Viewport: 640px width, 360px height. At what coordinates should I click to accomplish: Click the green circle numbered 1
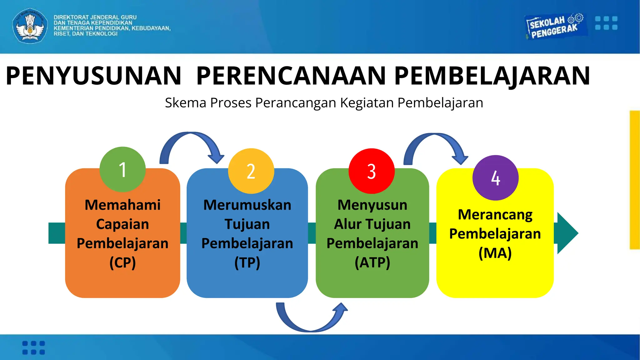[x=122, y=169]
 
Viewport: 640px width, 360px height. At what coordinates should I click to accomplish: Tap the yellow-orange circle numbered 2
[x=251, y=171]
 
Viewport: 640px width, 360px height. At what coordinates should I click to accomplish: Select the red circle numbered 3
[x=372, y=171]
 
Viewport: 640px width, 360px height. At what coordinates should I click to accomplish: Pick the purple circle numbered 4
[x=495, y=178]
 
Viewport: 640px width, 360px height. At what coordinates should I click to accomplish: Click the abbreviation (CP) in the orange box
[x=122, y=262]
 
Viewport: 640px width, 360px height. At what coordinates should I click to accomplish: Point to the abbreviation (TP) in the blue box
[x=247, y=262]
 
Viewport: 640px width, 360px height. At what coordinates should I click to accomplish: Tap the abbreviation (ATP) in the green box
[x=372, y=262]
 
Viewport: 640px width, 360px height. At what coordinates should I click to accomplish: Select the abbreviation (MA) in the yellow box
[x=495, y=253]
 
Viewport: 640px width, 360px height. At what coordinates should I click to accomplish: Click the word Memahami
[x=122, y=205]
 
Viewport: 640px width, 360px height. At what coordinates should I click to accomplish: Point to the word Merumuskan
[x=247, y=205]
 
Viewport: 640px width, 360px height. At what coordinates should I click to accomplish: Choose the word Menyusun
[x=372, y=205]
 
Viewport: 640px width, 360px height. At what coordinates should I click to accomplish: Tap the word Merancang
[x=495, y=215]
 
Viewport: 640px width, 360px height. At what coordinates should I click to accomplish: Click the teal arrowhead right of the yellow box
[x=567, y=233]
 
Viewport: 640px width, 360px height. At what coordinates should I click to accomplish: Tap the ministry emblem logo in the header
[x=30, y=26]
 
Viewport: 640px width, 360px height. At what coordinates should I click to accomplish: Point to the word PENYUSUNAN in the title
[x=93, y=76]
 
